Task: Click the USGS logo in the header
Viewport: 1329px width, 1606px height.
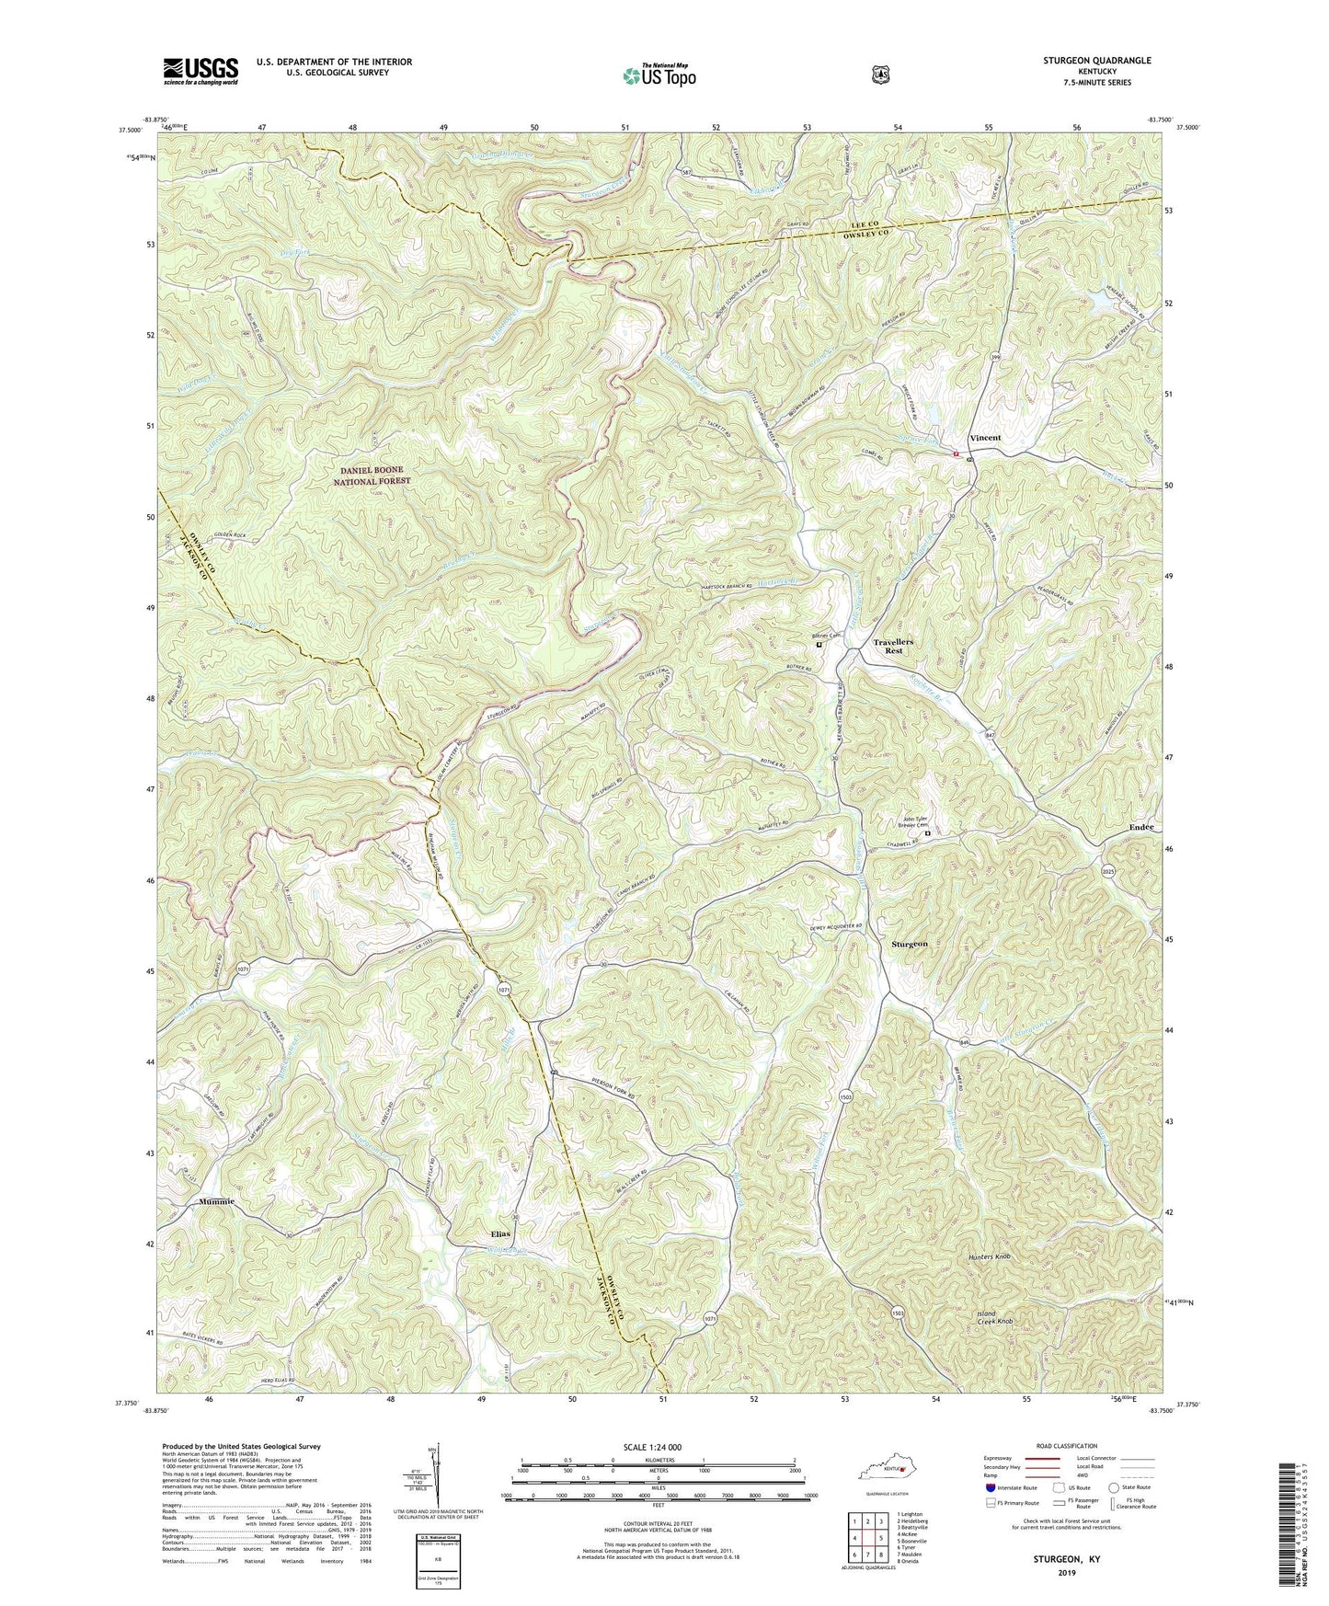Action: tap(200, 70)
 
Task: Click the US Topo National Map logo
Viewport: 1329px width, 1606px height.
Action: tap(657, 75)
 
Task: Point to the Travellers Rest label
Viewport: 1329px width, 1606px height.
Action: tap(888, 645)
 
